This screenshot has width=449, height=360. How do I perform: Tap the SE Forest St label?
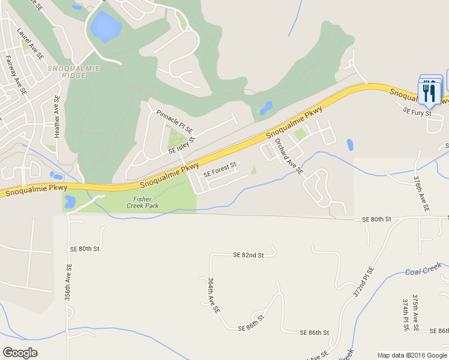pyautogui.click(x=220, y=169)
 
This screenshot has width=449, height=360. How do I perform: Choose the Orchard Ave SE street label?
pyautogui.click(x=288, y=156)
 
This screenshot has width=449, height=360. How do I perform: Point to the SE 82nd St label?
pyautogui.click(x=249, y=256)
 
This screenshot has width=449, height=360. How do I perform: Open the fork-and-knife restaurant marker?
pyautogui.click(x=429, y=93)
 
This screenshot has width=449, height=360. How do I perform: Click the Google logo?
pyautogui.click(x=20, y=353)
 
